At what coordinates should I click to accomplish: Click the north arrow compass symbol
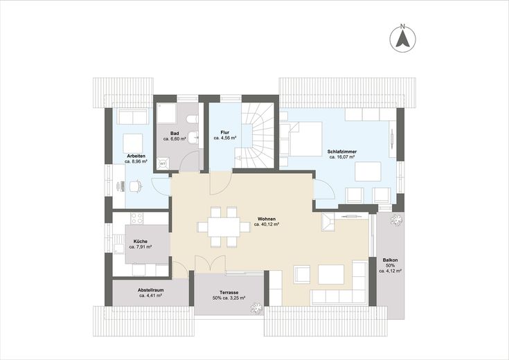pyautogui.click(x=402, y=39)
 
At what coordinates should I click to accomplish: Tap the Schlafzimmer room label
pyautogui.click(x=342, y=152)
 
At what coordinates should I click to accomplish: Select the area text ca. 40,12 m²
pyautogui.click(x=267, y=224)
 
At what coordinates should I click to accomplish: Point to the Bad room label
pyautogui.click(x=175, y=134)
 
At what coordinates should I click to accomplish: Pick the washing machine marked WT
pyautogui.click(x=163, y=164)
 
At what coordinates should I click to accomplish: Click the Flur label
pyautogui.click(x=224, y=132)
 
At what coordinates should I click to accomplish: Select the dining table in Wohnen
pyautogui.click(x=224, y=227)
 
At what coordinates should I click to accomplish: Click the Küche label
pyautogui.click(x=140, y=242)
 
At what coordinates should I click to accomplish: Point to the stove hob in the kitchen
pyautogui.click(x=136, y=218)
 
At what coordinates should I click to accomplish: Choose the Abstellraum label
pyautogui.click(x=151, y=290)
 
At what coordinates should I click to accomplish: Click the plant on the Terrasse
pyautogui.click(x=256, y=308)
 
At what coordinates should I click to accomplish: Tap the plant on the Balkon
pyautogui.click(x=396, y=219)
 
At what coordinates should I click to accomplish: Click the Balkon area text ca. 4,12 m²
pyautogui.click(x=390, y=271)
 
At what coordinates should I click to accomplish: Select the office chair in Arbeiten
pyautogui.click(x=136, y=186)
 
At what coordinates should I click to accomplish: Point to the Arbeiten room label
pyautogui.click(x=136, y=156)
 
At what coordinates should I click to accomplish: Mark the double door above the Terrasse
pyautogui.click(x=210, y=262)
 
